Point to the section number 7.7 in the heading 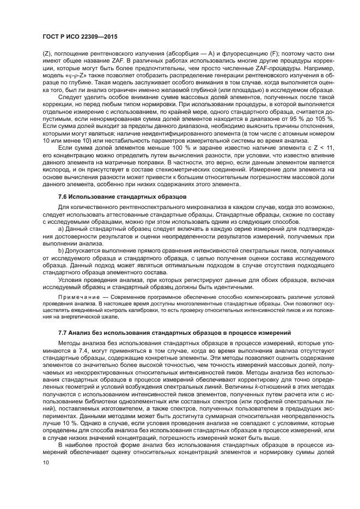tap(64, 332)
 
